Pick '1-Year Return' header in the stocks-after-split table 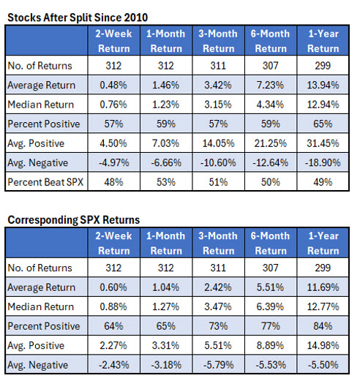(x=323, y=42)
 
